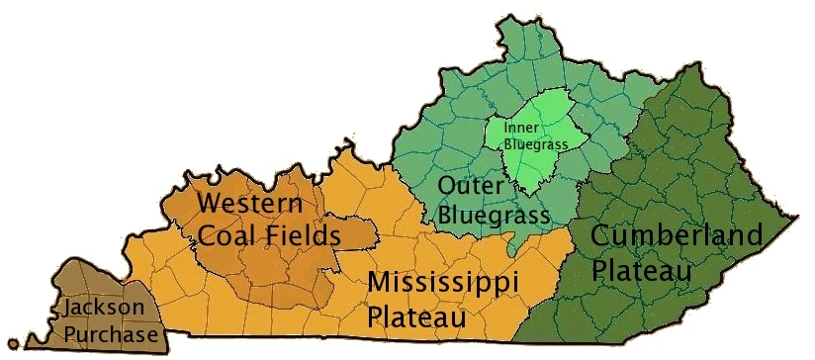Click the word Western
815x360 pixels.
[x=249, y=205]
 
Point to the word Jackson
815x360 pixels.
[x=104, y=309]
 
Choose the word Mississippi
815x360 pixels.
[x=443, y=283]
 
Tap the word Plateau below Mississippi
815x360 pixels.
[x=416, y=318]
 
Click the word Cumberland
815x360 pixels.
[x=677, y=236]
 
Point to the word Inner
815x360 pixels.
[x=520, y=129]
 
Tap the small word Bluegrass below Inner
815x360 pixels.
[x=535, y=144]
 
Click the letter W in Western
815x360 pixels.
[x=210, y=205]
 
